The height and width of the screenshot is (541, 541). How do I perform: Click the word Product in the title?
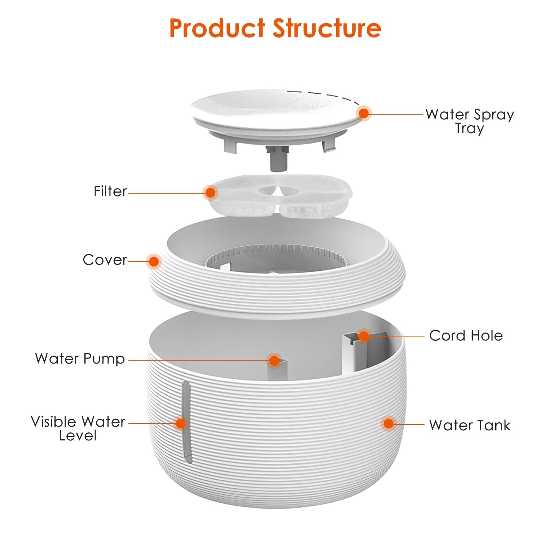point(217,28)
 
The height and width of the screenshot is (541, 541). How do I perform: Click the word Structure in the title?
point(327,28)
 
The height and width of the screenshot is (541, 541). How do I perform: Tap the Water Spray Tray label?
point(469,121)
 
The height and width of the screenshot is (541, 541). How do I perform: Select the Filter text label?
point(110,191)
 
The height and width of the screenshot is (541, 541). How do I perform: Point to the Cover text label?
point(105,260)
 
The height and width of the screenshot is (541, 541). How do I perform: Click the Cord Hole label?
point(466,336)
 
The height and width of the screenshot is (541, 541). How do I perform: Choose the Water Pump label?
point(80,359)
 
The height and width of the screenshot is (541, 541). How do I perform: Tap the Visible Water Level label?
point(78,428)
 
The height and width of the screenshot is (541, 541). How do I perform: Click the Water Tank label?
point(470,425)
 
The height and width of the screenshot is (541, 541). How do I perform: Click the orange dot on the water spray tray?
point(364,113)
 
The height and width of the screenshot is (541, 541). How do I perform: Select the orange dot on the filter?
point(210,193)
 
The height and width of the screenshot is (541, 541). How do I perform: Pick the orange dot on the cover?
point(154,261)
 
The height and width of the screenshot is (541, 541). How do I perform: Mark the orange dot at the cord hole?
point(364,336)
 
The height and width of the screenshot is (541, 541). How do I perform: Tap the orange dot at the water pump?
point(274,360)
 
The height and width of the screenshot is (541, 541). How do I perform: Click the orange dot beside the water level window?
point(180,423)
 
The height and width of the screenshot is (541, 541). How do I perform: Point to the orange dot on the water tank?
point(388,423)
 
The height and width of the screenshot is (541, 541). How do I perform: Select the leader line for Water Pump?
point(198,360)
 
